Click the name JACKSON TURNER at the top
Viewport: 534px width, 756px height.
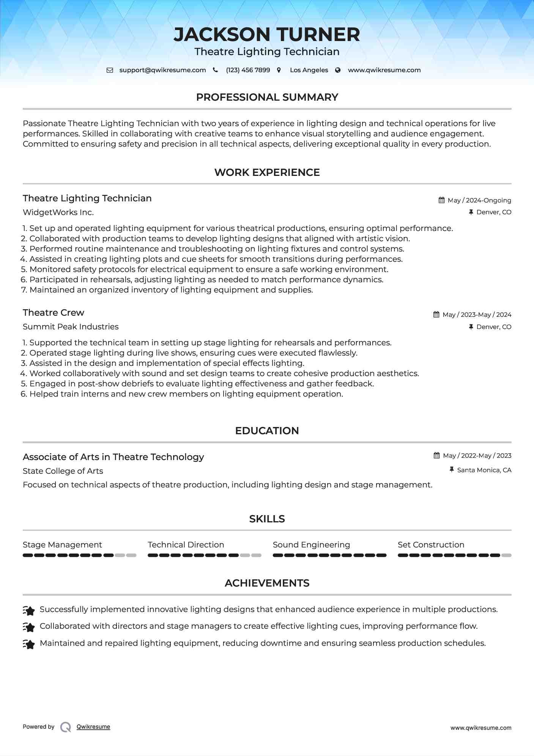[267, 35]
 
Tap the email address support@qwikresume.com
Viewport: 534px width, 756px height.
[162, 70]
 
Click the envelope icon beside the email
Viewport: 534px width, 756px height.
[110, 70]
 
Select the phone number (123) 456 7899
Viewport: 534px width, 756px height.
[248, 70]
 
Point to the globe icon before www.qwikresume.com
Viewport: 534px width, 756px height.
[338, 70]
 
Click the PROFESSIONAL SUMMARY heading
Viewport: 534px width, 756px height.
[267, 97]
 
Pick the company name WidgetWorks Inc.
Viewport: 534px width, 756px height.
[58, 212]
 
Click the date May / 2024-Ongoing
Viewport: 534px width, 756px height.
[479, 200]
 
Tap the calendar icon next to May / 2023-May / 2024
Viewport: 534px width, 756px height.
[436, 315]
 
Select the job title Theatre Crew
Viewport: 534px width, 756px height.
[54, 313]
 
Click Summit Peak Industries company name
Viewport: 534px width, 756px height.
[71, 327]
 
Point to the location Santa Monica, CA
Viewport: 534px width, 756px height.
[484, 470]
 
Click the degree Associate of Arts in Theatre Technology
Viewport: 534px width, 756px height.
[113, 457]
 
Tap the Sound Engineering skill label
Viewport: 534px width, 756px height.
[311, 545]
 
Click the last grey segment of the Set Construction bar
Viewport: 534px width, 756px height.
[506, 555]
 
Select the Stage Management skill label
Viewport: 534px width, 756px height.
[62, 545]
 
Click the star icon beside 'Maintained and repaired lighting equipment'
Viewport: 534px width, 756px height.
[29, 644]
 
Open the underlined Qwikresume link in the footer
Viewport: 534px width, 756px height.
[93, 727]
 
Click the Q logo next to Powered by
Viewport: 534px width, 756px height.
[66, 727]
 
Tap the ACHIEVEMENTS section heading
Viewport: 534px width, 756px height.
[267, 583]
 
